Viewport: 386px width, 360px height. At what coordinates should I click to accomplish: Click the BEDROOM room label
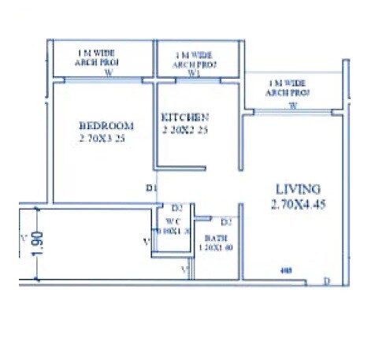pos(106,125)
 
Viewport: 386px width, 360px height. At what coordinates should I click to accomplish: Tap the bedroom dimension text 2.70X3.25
pos(103,138)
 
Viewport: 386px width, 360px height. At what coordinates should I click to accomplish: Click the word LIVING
pos(298,189)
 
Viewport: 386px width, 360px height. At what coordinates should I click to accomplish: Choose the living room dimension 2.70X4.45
pos(298,203)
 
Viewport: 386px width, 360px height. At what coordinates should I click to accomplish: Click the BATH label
pos(216,237)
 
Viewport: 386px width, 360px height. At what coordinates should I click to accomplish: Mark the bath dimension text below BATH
pos(216,247)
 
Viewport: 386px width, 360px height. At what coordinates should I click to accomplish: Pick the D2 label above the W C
pos(177,208)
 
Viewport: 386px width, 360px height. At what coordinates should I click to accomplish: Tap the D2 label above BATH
pos(225,221)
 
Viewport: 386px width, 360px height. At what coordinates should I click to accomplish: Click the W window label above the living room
pos(293,104)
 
